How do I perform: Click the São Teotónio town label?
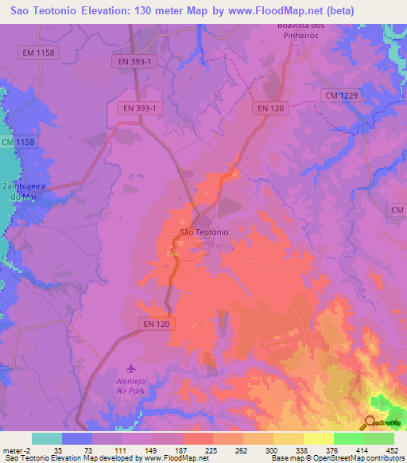coord(204,231)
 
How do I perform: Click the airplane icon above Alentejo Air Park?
coord(131,369)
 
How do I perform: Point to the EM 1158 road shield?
coord(38,52)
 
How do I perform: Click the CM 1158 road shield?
coord(18,142)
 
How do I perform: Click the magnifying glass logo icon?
coord(370,422)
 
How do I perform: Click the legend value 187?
coord(180,450)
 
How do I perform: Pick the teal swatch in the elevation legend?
coord(47,438)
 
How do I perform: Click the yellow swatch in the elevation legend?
coord(319,438)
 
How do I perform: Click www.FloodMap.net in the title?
coord(264,10)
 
